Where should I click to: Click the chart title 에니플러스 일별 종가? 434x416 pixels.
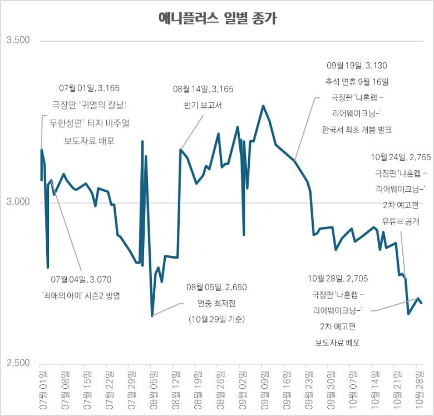click(x=217, y=19)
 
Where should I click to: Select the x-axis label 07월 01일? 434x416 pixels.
click(x=42, y=388)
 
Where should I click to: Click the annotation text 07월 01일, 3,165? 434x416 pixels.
click(x=89, y=88)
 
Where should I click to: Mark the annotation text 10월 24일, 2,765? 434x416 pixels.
click(x=401, y=158)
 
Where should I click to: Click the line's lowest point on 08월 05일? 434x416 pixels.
click(x=152, y=316)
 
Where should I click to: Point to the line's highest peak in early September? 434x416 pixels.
click(x=263, y=106)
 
